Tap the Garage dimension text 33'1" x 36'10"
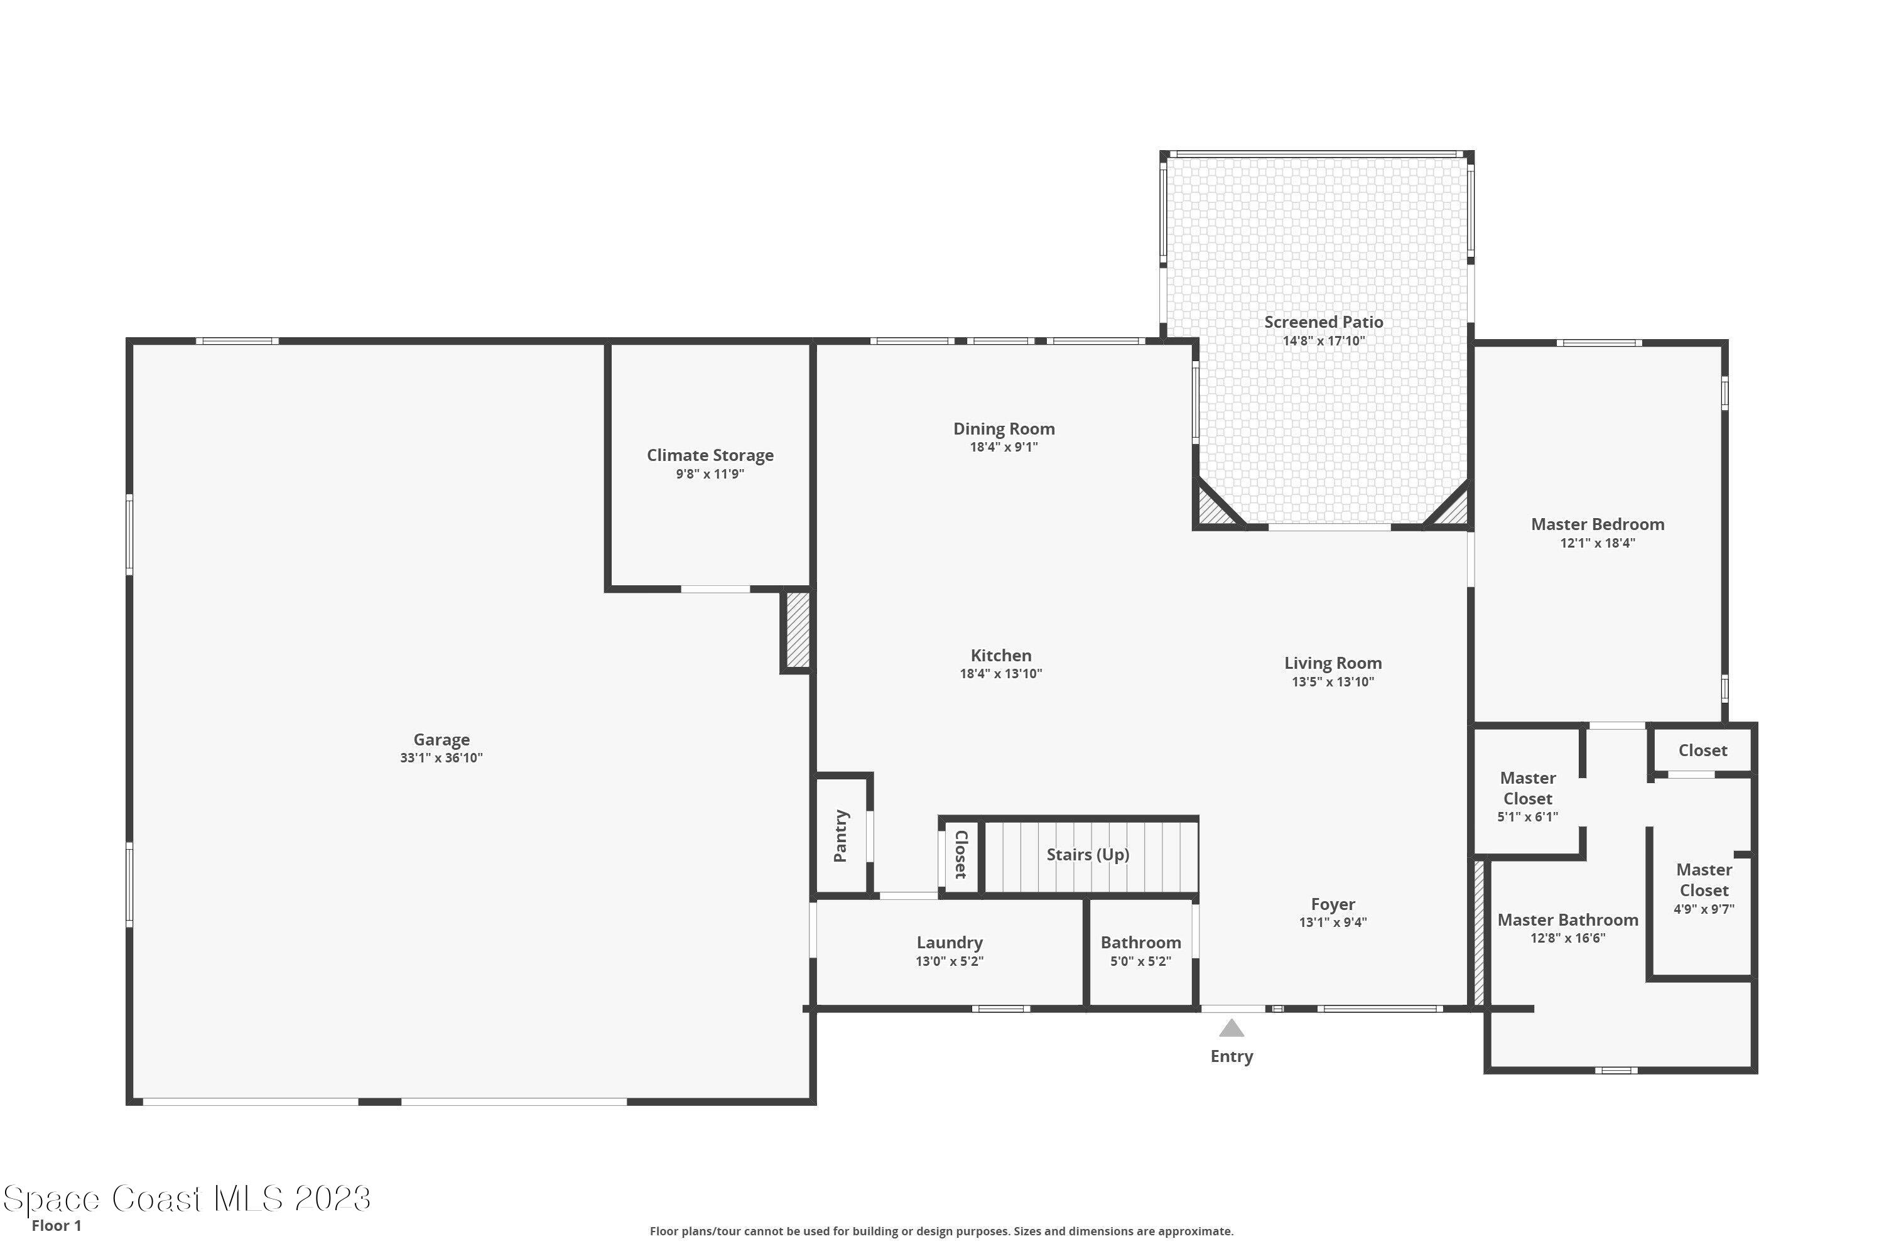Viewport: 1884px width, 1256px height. (x=441, y=758)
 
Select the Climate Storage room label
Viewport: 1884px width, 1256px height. (x=710, y=455)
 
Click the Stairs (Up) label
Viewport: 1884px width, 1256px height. (x=1088, y=854)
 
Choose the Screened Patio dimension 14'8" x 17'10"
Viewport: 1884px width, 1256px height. (x=1323, y=340)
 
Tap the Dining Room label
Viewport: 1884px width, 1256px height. (x=1004, y=428)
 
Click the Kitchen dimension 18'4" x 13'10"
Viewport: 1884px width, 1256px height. (x=1000, y=674)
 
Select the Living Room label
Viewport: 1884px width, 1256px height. (x=1333, y=663)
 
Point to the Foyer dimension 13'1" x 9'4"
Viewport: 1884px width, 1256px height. (x=1333, y=922)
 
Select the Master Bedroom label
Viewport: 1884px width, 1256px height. (x=1597, y=524)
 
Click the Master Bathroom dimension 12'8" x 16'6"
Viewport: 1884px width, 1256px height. (x=1567, y=938)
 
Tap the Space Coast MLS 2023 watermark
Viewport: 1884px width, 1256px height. (x=187, y=1199)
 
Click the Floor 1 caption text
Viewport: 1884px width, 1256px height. (x=56, y=1226)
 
